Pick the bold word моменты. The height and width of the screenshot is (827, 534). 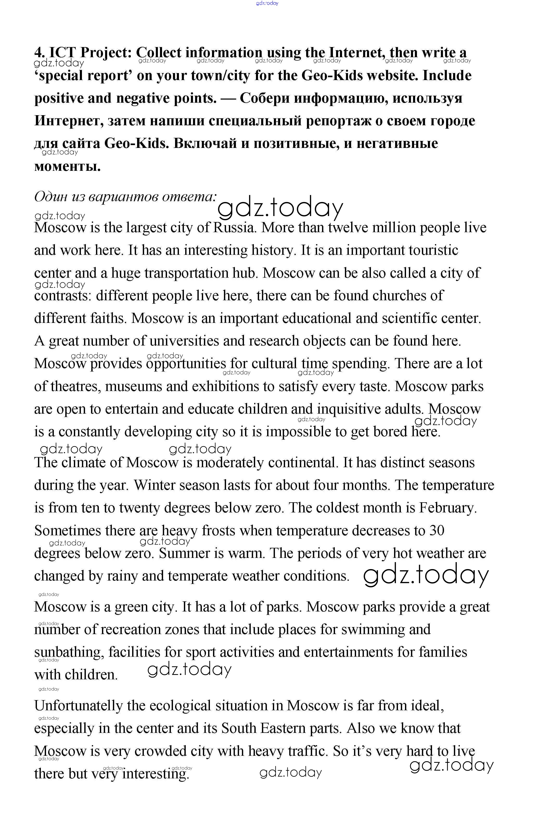67,166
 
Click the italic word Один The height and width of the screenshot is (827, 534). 51,197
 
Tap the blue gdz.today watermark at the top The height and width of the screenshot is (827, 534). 267,3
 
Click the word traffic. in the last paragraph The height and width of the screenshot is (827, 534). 307,751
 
